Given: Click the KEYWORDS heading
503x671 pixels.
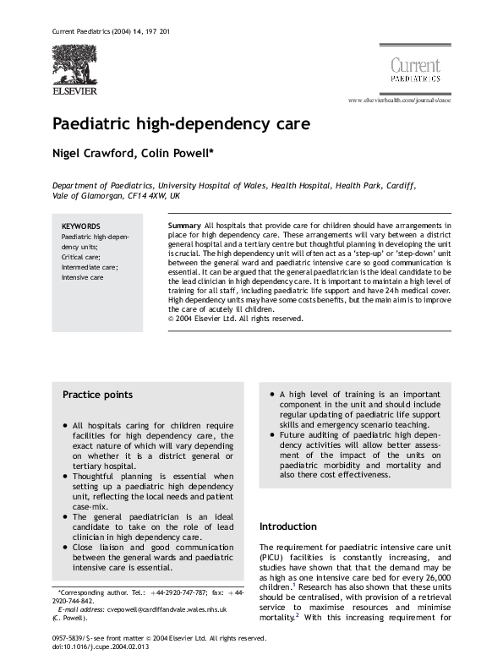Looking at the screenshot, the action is point(81,226).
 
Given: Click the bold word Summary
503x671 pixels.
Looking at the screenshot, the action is point(184,226).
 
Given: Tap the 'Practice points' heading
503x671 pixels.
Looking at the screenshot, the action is point(97,394).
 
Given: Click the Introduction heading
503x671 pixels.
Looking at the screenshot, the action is point(288,526).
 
